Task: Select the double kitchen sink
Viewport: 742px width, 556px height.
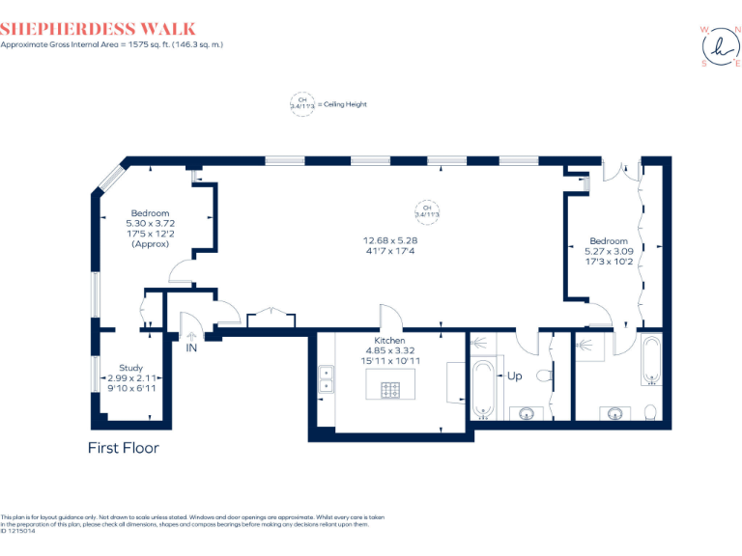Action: tap(327, 379)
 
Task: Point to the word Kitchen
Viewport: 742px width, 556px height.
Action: tap(390, 341)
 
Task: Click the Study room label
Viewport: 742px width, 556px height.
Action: tap(131, 368)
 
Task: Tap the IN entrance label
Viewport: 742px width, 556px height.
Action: tap(191, 347)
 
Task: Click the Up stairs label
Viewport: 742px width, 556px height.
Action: tap(515, 375)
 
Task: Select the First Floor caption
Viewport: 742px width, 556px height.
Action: tap(123, 448)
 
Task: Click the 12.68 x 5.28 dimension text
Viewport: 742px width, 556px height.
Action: tap(389, 240)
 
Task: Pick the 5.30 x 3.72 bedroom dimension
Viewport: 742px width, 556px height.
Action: tap(150, 223)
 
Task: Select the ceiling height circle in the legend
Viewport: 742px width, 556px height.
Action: tap(302, 103)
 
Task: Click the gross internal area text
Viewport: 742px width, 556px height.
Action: tap(111, 45)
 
